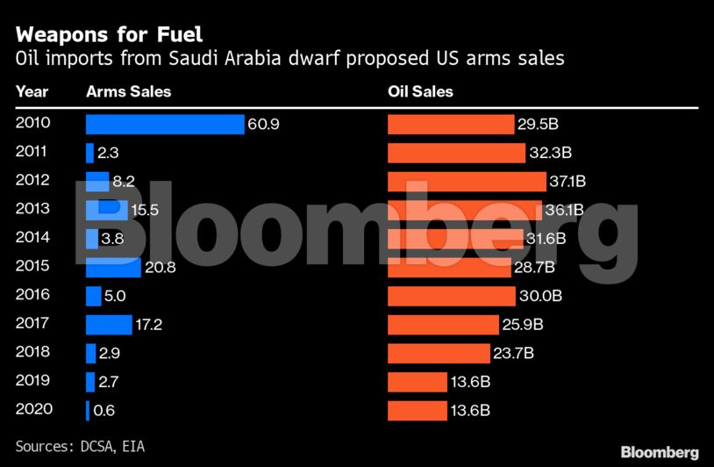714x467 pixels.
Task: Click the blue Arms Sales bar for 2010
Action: click(165, 125)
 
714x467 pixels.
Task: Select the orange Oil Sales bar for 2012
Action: click(467, 182)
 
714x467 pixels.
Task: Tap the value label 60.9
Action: click(263, 125)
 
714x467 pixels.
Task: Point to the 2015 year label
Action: click(33, 266)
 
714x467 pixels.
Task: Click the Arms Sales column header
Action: click(128, 91)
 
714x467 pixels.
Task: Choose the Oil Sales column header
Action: click(420, 91)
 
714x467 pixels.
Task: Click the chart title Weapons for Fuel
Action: click(109, 35)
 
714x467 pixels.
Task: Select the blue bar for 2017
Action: click(109, 325)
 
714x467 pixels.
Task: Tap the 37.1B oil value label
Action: click(568, 182)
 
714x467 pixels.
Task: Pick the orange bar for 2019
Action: click(418, 382)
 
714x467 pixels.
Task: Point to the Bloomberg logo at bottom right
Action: click(660, 452)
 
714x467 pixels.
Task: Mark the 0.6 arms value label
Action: click(104, 410)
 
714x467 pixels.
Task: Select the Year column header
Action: click(32, 91)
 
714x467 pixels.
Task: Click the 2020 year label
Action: click(33, 409)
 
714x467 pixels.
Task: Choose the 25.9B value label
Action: click(523, 325)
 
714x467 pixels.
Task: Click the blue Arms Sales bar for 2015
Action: click(113, 267)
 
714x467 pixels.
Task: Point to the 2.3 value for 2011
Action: click(108, 153)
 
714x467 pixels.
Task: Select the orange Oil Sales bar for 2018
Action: click(439, 353)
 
